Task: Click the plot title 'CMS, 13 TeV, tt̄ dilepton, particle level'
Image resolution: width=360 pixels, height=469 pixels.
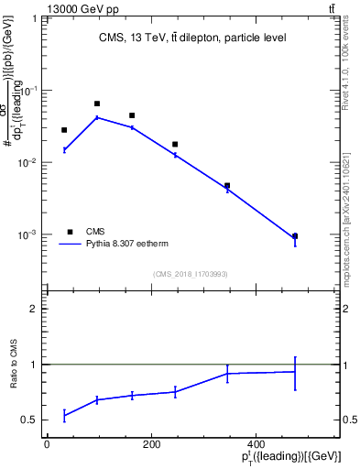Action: (192, 38)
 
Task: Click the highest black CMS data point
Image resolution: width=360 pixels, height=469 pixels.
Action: (97, 104)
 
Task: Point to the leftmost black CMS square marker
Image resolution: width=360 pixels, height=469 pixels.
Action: (64, 130)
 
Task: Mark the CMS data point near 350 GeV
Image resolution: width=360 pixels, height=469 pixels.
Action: (227, 186)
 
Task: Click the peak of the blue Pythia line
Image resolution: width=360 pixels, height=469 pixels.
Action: (97, 117)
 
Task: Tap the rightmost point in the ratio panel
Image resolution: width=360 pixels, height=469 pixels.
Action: (295, 372)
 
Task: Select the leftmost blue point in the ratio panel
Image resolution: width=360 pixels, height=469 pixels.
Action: (64, 416)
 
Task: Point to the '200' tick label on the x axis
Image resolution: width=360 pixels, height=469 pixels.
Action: (150, 444)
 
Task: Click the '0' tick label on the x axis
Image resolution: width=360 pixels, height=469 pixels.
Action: (47, 444)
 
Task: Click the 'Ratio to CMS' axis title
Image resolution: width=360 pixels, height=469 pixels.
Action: (15, 377)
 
